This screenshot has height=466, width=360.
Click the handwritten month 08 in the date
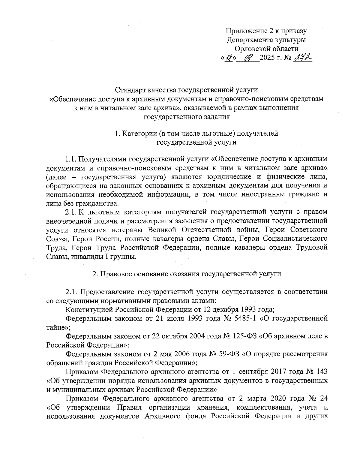pyautogui.click(x=249, y=57)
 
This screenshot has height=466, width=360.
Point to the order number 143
pyautogui.click(x=321, y=372)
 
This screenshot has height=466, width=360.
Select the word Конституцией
pyautogui.click(x=89, y=309)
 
